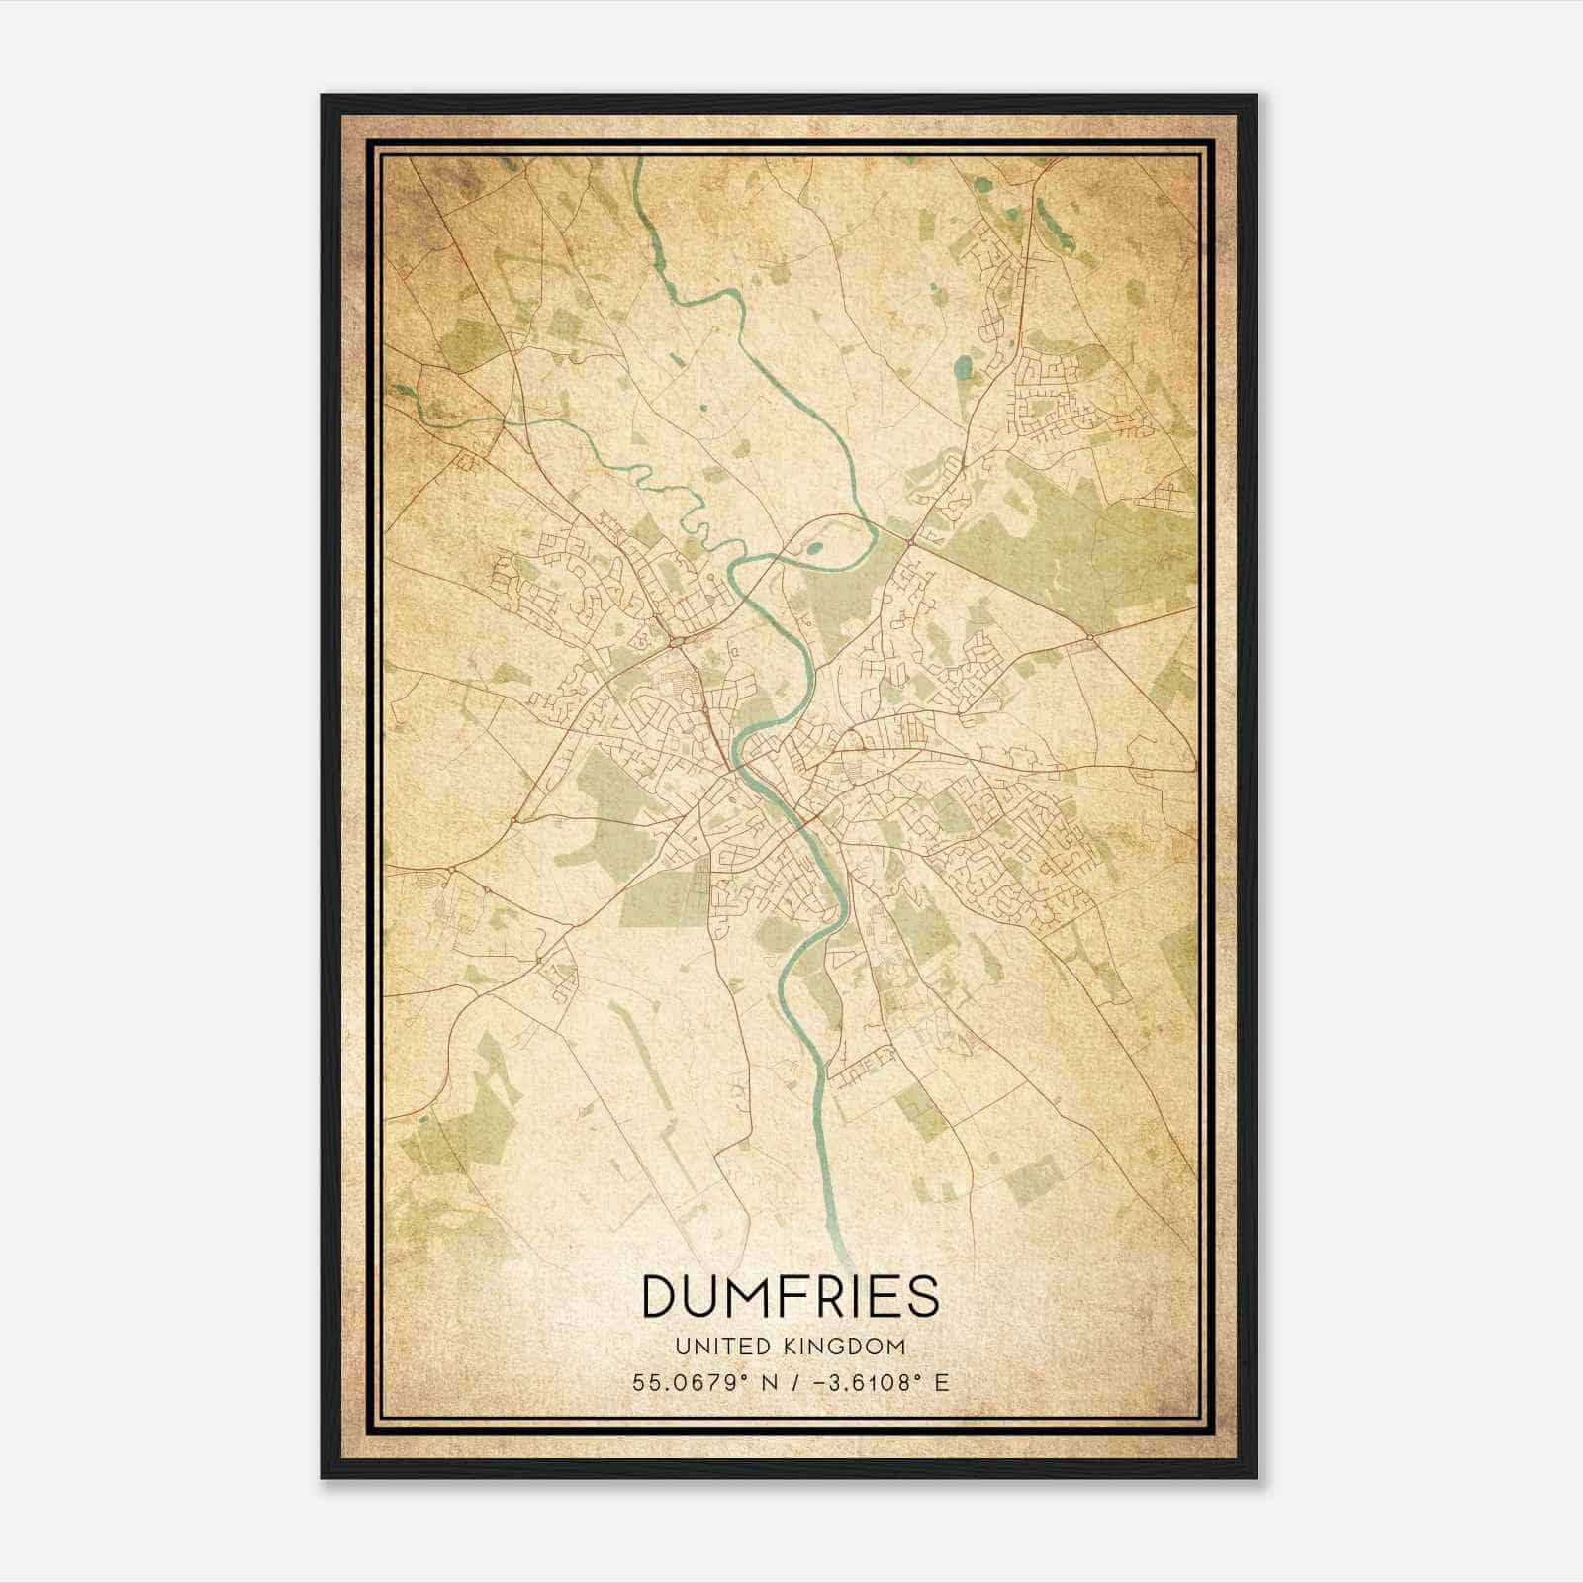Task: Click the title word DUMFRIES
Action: (x=791, y=1296)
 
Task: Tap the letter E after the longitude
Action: (x=942, y=1383)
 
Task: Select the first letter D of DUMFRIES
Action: (x=660, y=1296)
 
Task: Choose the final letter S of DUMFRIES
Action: (x=923, y=1296)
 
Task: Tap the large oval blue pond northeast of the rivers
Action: (x=963, y=372)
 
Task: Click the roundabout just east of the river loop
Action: (x=911, y=539)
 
